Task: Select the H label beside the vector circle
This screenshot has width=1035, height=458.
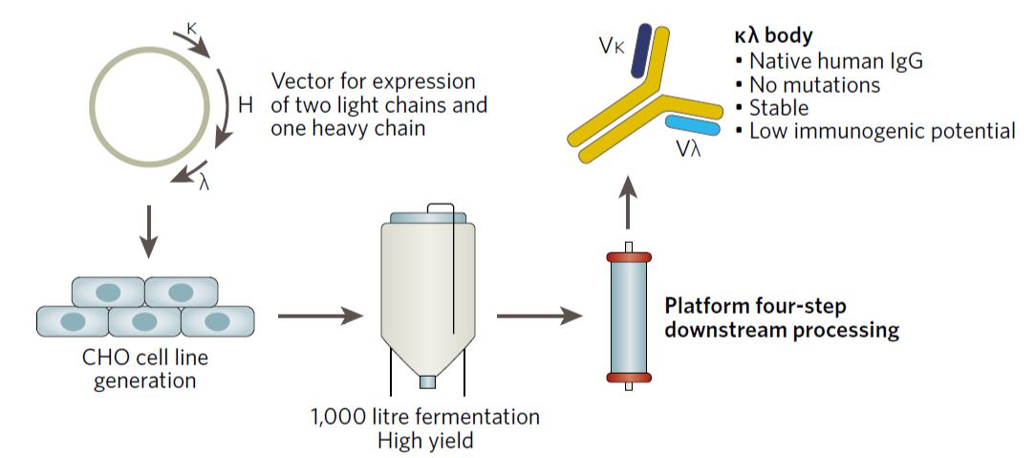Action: [x=245, y=105]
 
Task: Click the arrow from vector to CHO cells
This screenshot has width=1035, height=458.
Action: [x=147, y=234]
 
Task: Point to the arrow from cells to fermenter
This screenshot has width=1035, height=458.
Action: [x=314, y=315]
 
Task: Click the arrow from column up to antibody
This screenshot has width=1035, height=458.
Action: [x=628, y=207]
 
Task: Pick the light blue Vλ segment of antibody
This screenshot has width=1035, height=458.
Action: [x=693, y=125]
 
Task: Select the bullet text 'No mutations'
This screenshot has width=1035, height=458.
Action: [x=814, y=84]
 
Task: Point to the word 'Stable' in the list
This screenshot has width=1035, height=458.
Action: [x=779, y=107]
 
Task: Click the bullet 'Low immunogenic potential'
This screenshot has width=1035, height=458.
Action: [x=881, y=131]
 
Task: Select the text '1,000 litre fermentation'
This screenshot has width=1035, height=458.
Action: [x=424, y=418]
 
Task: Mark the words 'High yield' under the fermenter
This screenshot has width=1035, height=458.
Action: [x=425, y=440]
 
